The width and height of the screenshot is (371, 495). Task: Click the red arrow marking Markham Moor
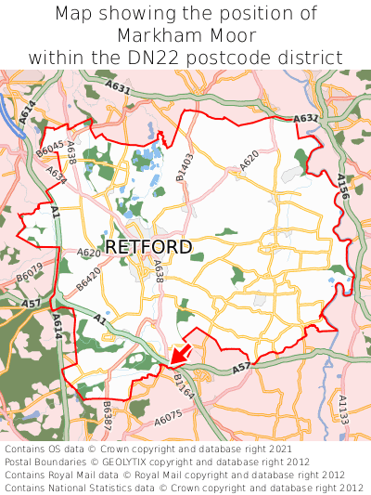tap(180, 354)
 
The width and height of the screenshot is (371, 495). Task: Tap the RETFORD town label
tap(149, 248)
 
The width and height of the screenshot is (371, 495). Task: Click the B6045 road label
tap(49, 150)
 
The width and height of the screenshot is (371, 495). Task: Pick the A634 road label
tap(57, 174)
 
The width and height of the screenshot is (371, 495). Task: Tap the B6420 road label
tap(88, 281)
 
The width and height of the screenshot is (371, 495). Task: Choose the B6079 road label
tap(30, 278)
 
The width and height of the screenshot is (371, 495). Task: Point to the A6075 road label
tap(169, 420)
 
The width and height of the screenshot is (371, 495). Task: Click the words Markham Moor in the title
tap(185, 35)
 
